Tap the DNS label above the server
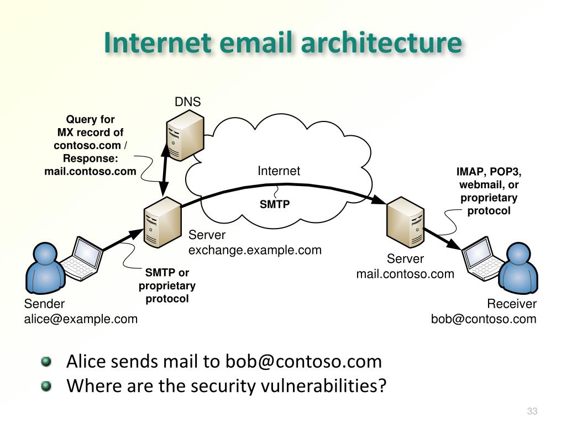(187, 102)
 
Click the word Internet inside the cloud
(279, 171)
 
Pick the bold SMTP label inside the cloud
(275, 204)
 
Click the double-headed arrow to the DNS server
(164, 173)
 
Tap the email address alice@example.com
(81, 319)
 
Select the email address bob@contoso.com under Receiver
(484, 319)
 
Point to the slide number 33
(532, 411)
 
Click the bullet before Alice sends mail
(46, 362)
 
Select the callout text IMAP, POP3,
(489, 171)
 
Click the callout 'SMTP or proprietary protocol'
(167, 285)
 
